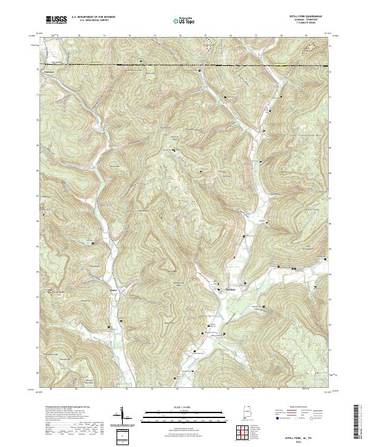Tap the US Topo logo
click(x=184, y=20)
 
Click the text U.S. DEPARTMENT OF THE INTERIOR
click(x=93, y=17)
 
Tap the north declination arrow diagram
click(x=121, y=417)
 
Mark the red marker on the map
click(x=234, y=257)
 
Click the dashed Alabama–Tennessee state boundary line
click(x=185, y=64)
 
